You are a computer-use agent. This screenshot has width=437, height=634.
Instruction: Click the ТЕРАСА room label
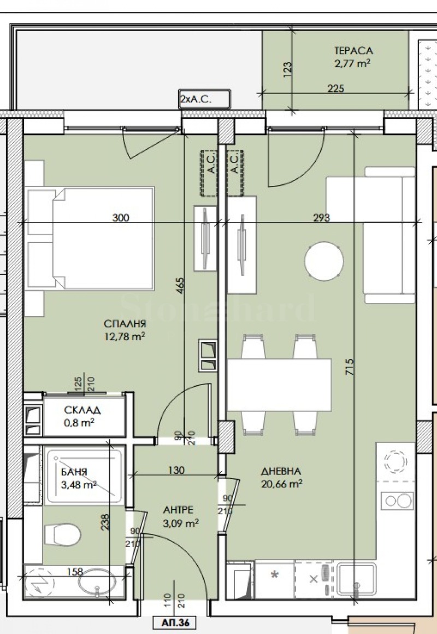353,51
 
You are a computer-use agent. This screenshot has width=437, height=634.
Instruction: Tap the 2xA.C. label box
205,98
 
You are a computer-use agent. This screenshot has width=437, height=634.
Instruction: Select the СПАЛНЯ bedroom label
125,324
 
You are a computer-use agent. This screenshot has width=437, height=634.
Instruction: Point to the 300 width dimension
121,218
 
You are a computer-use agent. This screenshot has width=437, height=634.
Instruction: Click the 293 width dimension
322,218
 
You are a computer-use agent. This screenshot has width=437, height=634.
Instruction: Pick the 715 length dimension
350,367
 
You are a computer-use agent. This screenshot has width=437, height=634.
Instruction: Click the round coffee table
324,260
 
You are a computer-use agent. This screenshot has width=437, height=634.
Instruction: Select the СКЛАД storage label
82,410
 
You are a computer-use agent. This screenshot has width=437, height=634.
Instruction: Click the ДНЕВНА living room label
281,471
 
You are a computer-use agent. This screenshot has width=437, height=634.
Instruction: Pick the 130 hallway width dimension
176,470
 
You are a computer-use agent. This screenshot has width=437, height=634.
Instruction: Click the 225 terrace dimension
335,88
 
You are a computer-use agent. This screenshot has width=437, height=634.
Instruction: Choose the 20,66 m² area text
281,484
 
